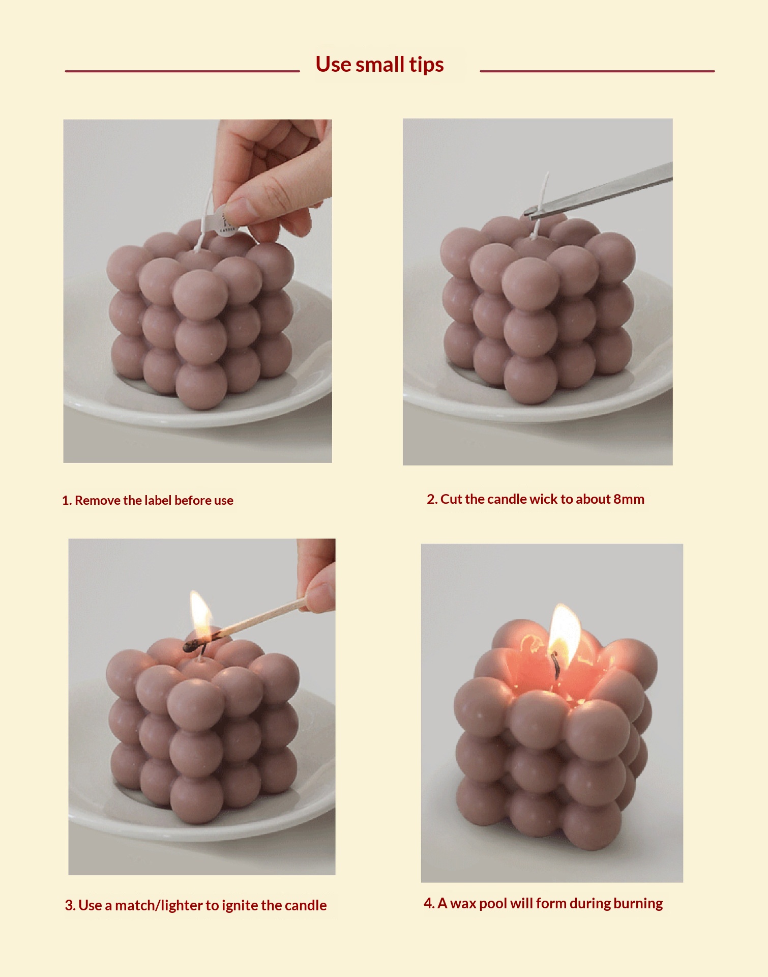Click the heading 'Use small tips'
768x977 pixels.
379,65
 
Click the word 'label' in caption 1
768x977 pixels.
158,500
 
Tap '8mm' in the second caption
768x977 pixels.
629,499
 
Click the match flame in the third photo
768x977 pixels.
200,614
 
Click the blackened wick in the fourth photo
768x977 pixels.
556,665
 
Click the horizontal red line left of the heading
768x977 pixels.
183,71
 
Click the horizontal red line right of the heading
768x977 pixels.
597,71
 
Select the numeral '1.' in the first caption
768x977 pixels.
67,500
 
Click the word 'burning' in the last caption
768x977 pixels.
638,904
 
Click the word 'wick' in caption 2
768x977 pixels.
543,499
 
